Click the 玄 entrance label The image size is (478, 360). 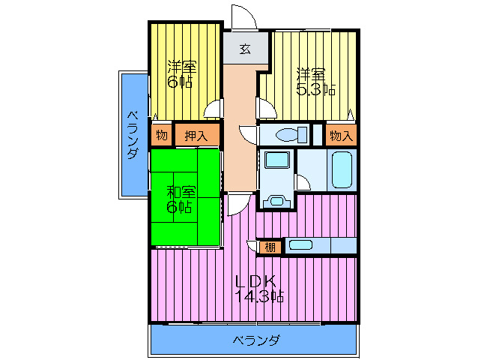pos(245,49)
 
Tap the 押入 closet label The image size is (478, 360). pos(196,136)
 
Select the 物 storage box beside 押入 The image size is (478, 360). pos(162,134)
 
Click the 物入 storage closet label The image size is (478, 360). pos(341,135)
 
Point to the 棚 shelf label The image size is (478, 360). pos(270,247)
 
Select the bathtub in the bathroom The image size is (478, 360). pos(342,170)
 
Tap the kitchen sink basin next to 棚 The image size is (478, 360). pos(300,245)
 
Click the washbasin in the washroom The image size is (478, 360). pos(276,160)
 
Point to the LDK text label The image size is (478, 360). pos(257,280)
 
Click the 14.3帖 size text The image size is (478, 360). pos(259,296)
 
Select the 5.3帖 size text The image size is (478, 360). pos(316,89)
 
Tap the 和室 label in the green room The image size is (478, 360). pos(181,192)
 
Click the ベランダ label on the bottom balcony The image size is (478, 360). pos(256,340)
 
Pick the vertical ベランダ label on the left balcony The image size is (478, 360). pos(133,135)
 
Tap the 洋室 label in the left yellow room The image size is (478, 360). pos(182,67)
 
